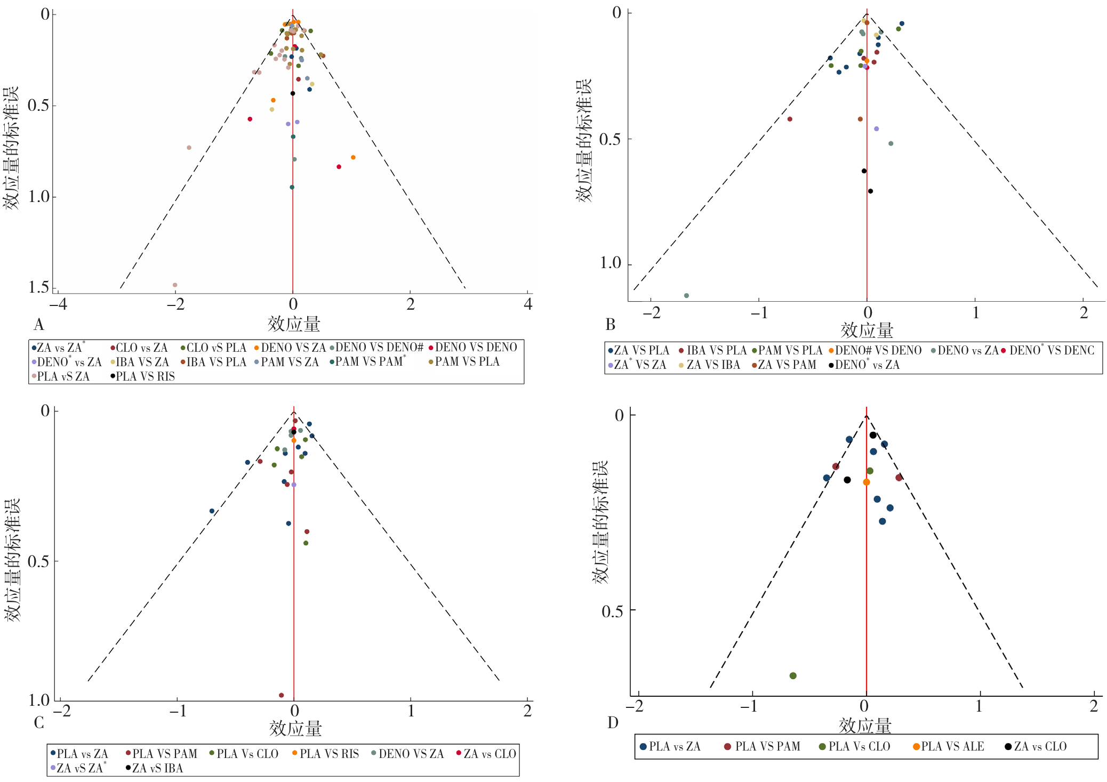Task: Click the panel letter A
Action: pyautogui.click(x=38, y=324)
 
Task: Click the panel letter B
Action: pyautogui.click(x=611, y=324)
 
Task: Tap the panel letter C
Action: pyautogui.click(x=39, y=723)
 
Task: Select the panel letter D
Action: pyautogui.click(x=613, y=723)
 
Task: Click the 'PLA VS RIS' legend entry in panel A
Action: pyautogui.click(x=142, y=376)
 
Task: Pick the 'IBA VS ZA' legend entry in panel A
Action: pyautogui.click(x=139, y=362)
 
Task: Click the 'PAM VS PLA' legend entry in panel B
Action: pyautogui.click(x=787, y=350)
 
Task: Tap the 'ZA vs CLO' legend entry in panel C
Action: pyautogui.click(x=486, y=754)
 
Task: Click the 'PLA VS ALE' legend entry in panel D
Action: pyautogui.click(x=949, y=746)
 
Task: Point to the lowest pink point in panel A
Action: pyautogui.click(x=175, y=285)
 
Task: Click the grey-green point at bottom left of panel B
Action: pyautogui.click(x=686, y=295)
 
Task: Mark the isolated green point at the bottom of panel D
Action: pyautogui.click(x=793, y=675)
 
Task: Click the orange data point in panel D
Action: pyautogui.click(x=867, y=482)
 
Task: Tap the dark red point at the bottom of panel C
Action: pyautogui.click(x=282, y=695)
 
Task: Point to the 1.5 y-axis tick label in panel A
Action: pyautogui.click(x=38, y=287)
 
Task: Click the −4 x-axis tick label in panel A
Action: pyautogui.click(x=58, y=304)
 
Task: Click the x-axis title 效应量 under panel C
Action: pyautogui.click(x=295, y=729)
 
